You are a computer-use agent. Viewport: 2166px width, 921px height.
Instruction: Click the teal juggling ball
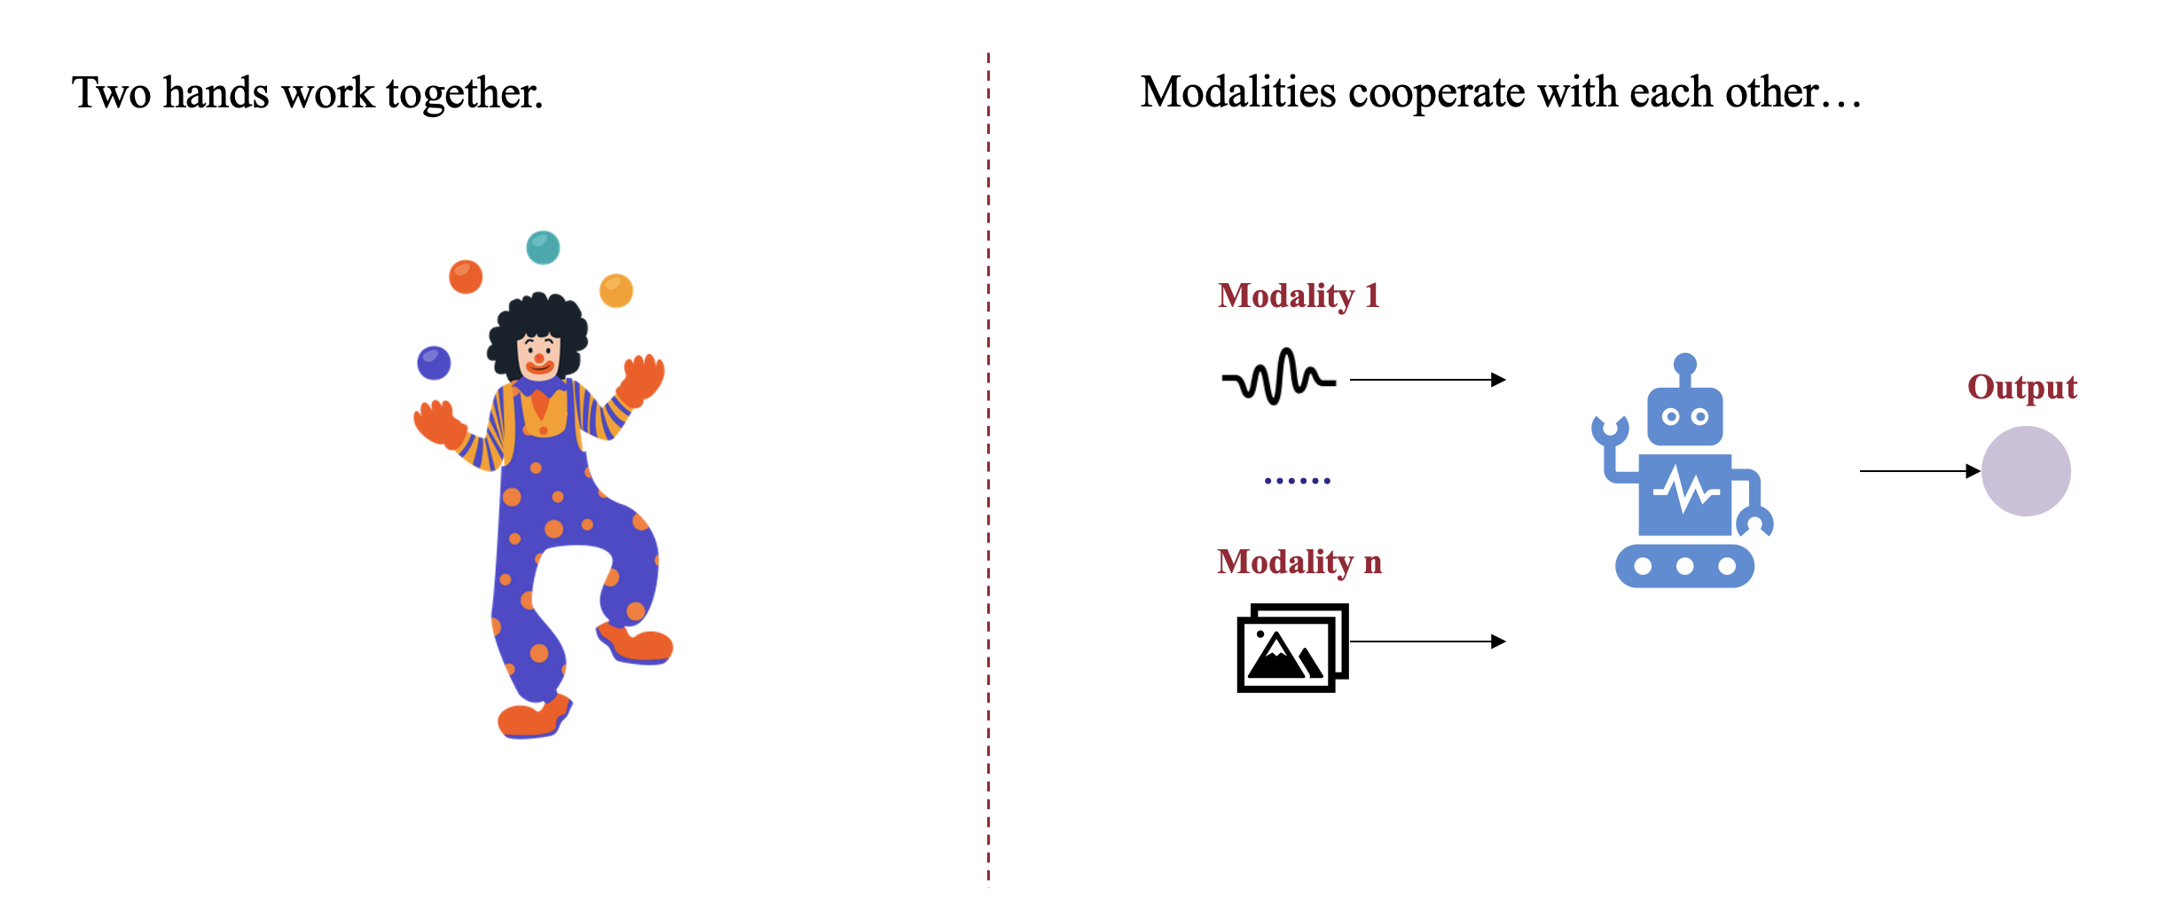coord(543,248)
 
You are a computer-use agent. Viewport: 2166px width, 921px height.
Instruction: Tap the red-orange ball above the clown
coord(466,277)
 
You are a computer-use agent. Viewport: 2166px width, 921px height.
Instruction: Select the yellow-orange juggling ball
coord(616,290)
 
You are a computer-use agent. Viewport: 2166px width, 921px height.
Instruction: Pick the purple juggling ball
coord(434,362)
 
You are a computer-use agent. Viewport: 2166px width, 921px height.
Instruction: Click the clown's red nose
coord(538,358)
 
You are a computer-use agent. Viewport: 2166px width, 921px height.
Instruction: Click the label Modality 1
coord(1299,295)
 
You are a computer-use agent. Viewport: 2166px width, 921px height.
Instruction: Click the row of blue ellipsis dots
coord(1298,481)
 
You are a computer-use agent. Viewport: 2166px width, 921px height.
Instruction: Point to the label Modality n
coord(1299,562)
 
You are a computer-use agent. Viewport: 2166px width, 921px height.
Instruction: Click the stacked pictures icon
coord(1292,648)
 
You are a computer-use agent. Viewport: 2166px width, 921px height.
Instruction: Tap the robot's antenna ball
coord(1685,364)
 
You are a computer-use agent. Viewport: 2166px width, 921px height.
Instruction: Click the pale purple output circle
coord(2026,471)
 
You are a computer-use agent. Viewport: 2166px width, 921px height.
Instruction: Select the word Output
coord(2022,387)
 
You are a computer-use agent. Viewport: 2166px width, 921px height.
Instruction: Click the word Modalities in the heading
coord(1237,92)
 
